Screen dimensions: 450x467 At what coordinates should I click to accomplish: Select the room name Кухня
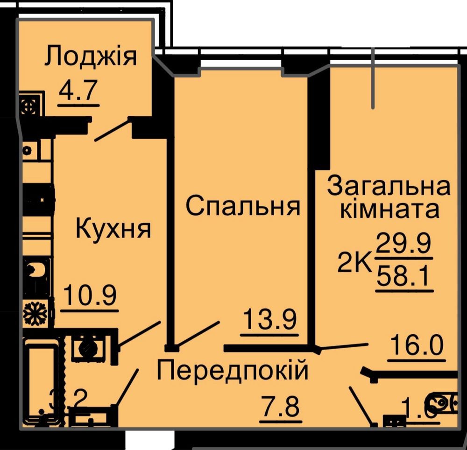(113, 229)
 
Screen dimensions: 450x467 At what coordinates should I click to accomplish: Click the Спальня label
(242, 206)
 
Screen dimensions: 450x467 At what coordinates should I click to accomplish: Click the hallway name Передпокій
(233, 371)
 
